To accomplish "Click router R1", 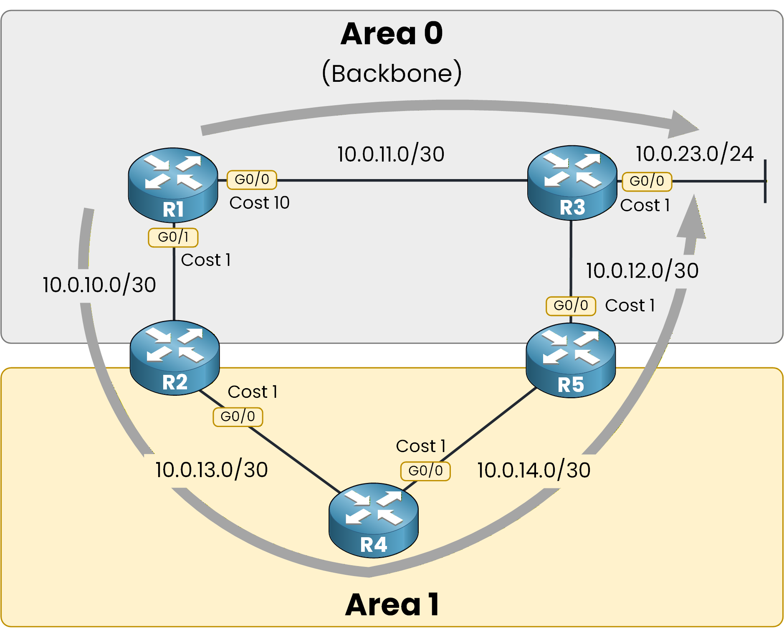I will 173,185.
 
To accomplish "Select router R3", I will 572,183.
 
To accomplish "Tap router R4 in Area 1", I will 373,520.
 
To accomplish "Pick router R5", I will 570,360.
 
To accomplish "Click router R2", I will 175,358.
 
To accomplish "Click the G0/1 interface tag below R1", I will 173,238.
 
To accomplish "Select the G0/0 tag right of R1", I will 252,179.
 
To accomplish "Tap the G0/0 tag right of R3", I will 647,181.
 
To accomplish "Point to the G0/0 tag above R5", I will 571,306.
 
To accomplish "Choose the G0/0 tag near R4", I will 425,471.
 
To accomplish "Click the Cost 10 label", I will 259,203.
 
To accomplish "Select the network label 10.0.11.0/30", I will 391,154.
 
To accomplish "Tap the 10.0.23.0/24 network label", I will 695,154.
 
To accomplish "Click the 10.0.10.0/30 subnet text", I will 99,285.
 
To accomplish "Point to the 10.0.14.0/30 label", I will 534,470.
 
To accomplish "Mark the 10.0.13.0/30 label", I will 212,470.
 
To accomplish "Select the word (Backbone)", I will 392,73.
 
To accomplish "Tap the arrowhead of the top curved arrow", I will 682,124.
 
